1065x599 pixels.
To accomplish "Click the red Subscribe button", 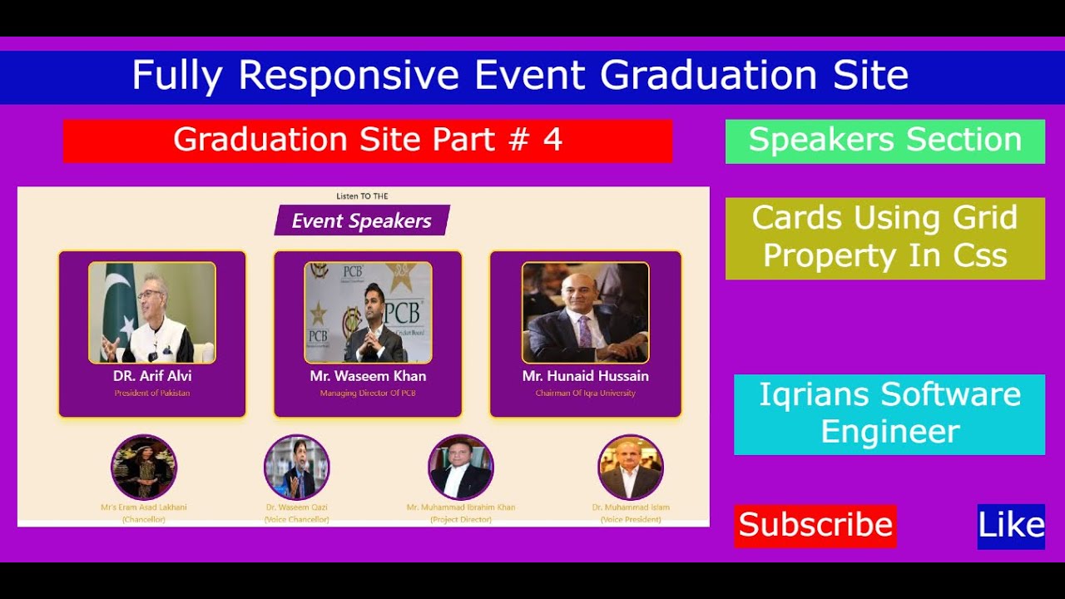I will [815, 525].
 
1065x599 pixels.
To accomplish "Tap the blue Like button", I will [1011, 526].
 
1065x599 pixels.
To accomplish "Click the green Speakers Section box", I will [884, 141].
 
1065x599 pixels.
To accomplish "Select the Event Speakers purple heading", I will [362, 220].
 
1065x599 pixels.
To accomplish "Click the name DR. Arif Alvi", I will [152, 376].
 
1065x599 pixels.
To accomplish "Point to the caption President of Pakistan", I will [152, 393].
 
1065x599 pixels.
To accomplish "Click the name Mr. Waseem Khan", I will [368, 376].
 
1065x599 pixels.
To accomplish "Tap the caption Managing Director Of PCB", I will [368, 393].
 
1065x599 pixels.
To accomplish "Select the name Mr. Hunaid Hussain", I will [585, 376].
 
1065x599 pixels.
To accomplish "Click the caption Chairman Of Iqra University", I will [585, 393].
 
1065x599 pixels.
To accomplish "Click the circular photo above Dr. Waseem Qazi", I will [296, 468].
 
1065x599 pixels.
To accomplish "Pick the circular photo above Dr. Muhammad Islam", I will [630, 468].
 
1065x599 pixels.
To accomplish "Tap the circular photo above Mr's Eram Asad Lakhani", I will [144, 468].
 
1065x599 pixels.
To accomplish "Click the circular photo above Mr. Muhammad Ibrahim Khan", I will [460, 468].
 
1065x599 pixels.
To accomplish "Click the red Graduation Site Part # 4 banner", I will [368, 141].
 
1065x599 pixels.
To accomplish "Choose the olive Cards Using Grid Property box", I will [884, 238].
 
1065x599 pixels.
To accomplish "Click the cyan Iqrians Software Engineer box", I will [889, 413].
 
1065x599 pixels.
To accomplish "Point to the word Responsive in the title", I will [349, 76].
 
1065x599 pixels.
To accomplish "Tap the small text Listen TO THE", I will [362, 196].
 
